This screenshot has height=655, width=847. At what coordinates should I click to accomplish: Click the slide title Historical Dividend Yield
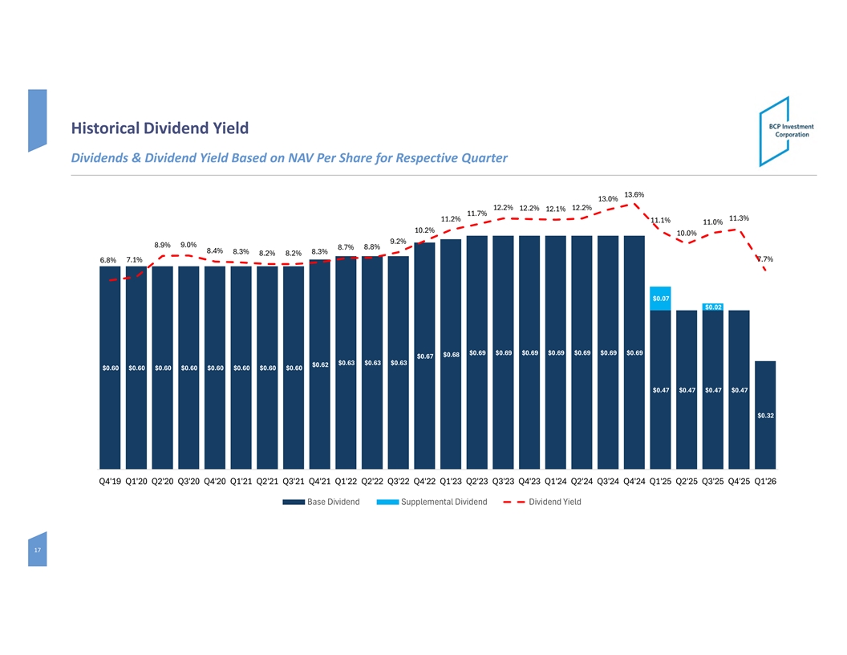160,128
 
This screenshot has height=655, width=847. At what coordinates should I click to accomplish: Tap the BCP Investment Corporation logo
787,131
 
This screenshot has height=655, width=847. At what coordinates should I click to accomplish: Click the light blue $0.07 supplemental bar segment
660,298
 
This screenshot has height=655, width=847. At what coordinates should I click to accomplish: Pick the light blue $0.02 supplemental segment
713,307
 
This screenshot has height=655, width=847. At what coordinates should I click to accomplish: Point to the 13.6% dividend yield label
634,194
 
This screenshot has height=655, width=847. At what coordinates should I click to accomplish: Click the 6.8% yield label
108,260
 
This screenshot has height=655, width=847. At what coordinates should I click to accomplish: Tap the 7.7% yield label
764,259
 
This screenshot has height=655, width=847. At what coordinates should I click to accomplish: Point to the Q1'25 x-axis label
660,482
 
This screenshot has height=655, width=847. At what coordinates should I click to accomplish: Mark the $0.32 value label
764,415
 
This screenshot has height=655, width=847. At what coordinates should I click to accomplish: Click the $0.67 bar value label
425,356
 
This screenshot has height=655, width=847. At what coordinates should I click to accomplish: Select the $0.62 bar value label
320,365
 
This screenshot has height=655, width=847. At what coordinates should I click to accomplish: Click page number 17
37,551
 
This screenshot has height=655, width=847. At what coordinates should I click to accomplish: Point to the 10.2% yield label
424,230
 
